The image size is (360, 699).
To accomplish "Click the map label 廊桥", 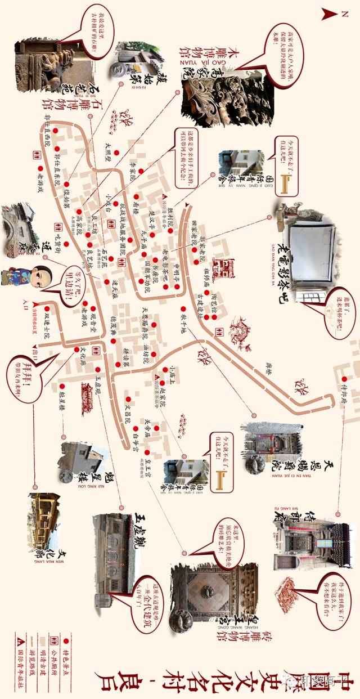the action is point(268,366).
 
